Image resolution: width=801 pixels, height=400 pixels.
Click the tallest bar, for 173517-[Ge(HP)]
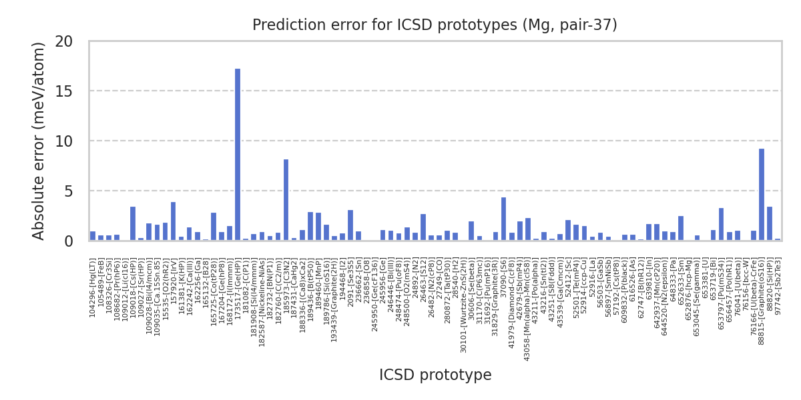(238, 155)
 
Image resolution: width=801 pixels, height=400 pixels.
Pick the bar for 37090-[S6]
(503, 219)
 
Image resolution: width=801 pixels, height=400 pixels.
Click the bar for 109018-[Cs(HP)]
(133, 224)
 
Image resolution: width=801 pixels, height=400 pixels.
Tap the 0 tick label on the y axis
(68, 241)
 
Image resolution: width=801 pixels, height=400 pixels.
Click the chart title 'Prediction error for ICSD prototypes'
(435, 25)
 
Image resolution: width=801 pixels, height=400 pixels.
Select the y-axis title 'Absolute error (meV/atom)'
(39, 141)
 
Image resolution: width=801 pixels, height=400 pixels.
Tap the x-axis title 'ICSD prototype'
(435, 375)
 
